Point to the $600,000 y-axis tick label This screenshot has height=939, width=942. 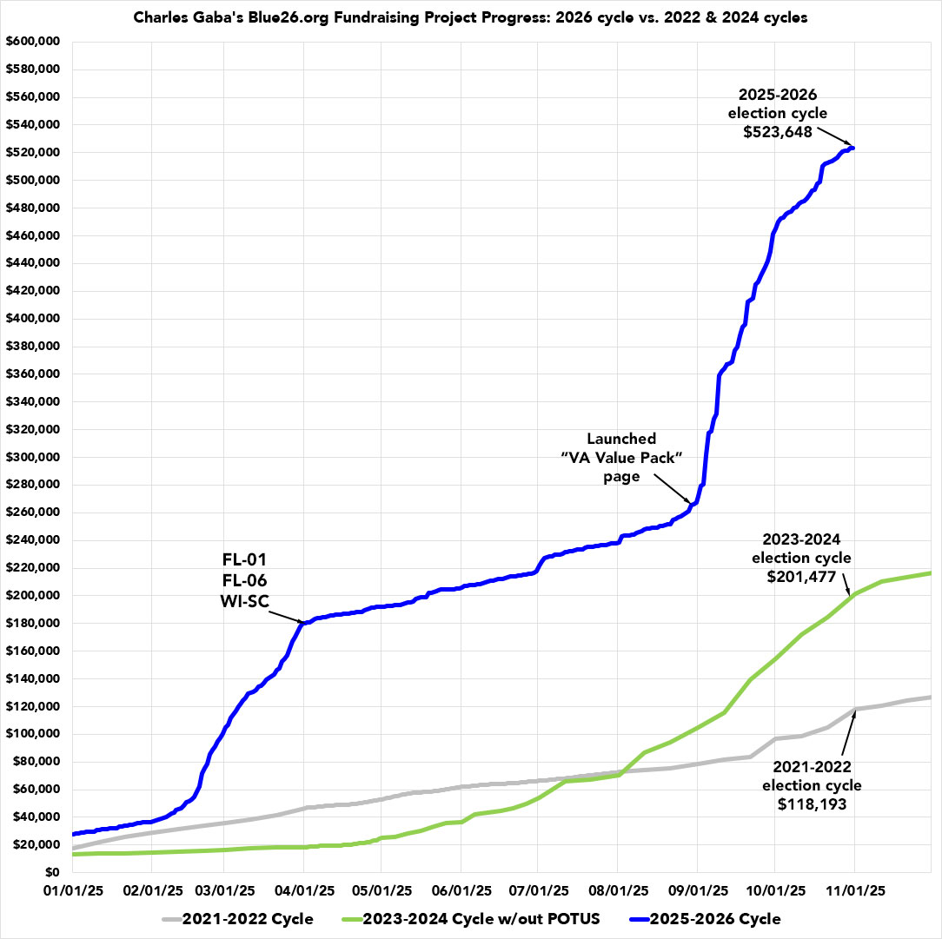[31, 42]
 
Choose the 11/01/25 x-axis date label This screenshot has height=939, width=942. [853, 890]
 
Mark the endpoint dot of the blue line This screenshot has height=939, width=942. [852, 148]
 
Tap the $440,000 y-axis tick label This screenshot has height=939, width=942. [31, 263]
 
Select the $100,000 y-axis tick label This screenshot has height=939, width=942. [31, 734]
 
